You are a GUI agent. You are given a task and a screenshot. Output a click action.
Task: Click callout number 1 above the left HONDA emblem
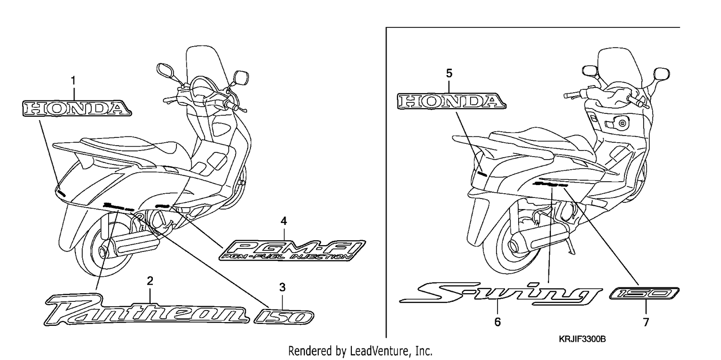click(x=74, y=80)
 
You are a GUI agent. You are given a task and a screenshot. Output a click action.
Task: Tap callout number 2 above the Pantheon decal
click(x=150, y=281)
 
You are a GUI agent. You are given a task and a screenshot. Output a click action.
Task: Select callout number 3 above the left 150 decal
click(x=282, y=287)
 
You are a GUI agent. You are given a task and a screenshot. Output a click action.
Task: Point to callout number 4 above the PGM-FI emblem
click(x=284, y=221)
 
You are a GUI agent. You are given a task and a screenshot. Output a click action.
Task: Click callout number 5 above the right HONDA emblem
click(x=449, y=74)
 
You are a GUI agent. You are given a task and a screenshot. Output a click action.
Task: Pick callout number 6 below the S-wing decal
click(x=497, y=322)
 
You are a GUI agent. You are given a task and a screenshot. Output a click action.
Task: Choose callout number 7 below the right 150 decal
click(x=646, y=322)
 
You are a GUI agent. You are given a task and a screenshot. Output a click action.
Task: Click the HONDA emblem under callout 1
click(x=77, y=108)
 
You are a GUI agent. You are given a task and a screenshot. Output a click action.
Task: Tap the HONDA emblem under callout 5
click(x=451, y=101)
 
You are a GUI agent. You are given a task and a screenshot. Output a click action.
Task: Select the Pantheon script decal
click(x=147, y=310)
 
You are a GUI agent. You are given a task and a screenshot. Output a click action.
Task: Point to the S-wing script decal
click(x=500, y=293)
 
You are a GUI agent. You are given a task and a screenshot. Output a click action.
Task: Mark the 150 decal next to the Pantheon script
click(x=284, y=317)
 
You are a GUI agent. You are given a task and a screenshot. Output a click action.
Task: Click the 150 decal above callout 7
click(x=645, y=293)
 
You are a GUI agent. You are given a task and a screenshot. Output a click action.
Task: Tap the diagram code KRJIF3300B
click(x=582, y=339)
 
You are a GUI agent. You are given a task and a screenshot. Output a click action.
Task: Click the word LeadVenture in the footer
click(x=380, y=351)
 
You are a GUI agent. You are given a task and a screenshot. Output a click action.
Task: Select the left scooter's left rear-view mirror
click(x=165, y=70)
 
